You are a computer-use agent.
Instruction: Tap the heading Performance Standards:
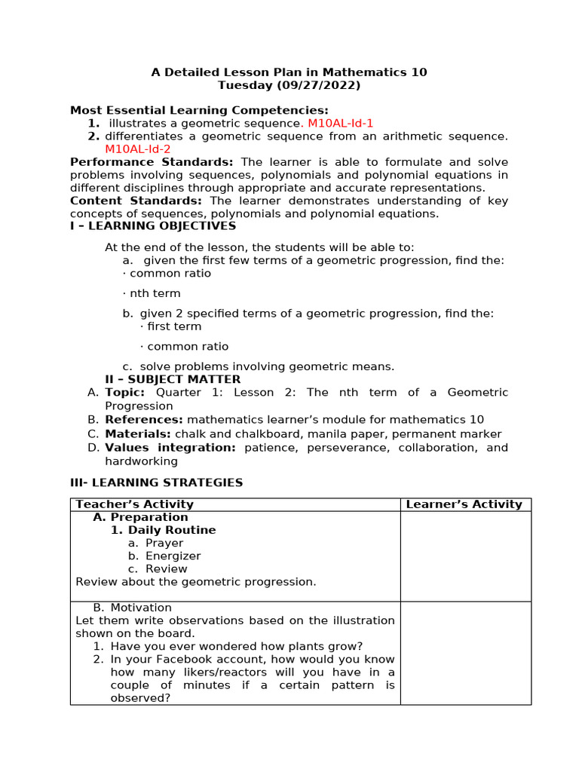click(152, 162)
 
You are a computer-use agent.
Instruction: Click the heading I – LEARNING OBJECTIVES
click(153, 226)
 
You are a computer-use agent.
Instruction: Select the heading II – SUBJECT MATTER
click(173, 379)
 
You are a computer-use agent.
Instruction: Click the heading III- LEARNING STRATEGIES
click(156, 482)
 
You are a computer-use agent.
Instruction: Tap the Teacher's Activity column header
click(135, 504)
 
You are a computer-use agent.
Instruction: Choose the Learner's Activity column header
click(464, 504)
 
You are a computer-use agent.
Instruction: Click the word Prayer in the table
click(164, 543)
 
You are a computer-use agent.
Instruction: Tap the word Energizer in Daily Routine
click(173, 556)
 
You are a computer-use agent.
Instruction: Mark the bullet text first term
click(174, 326)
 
